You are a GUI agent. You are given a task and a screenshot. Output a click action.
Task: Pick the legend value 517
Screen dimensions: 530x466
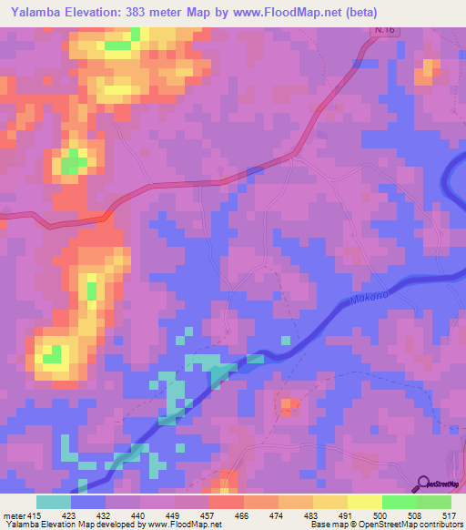(449, 515)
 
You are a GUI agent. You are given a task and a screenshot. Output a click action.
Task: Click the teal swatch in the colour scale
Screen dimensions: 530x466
(54, 502)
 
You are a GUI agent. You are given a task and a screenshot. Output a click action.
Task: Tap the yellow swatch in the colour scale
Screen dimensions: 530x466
(365, 502)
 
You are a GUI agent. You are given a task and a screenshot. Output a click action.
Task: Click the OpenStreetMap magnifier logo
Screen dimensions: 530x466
(424, 484)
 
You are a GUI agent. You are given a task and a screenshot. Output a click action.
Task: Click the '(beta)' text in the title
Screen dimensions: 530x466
(383, 12)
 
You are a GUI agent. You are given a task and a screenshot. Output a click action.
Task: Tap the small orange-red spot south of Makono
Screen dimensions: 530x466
(289, 404)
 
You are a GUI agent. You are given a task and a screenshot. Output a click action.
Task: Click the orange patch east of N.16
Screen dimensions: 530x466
(425, 74)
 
